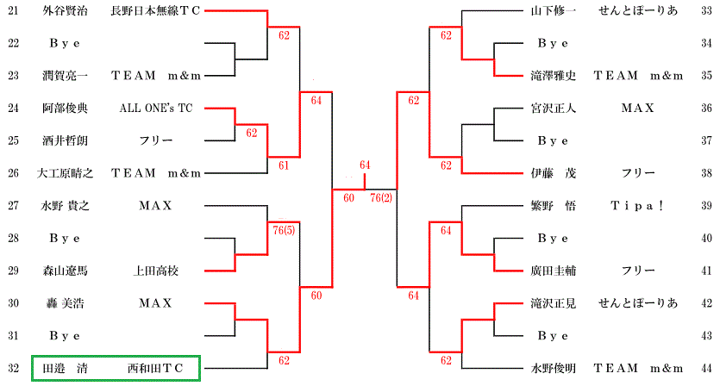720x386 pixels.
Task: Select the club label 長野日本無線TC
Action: (x=155, y=10)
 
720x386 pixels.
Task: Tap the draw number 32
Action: (x=12, y=369)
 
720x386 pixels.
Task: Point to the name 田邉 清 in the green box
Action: (x=66, y=369)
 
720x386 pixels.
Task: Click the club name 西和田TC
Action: (x=155, y=369)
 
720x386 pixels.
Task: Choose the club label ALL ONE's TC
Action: (x=155, y=109)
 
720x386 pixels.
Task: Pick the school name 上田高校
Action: (x=155, y=271)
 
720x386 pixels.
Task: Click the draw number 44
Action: (x=706, y=369)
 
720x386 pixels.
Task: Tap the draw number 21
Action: (x=12, y=10)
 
